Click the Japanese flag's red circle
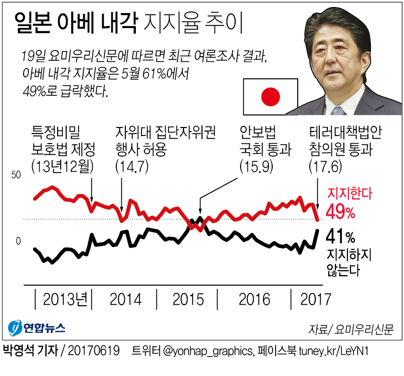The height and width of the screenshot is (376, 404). [x=271, y=96]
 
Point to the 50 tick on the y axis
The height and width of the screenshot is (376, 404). [x=16, y=175]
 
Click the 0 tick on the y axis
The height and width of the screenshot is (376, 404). [x=18, y=241]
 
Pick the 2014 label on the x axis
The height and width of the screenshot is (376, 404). [x=125, y=299]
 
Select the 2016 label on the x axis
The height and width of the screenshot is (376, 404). [x=254, y=299]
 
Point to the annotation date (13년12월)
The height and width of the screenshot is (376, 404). [x=63, y=166]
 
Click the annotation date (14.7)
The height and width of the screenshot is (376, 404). [x=132, y=166]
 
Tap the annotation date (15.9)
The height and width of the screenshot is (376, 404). [x=256, y=166]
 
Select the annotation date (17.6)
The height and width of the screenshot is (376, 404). [x=325, y=166]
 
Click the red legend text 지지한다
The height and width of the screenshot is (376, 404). [x=350, y=193]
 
